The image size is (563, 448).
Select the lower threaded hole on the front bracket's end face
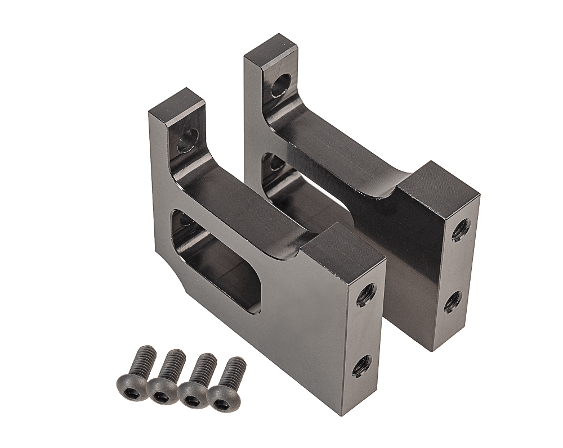(x=361, y=366)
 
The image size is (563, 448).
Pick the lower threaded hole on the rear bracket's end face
(x=453, y=302)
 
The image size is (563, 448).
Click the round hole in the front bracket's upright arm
(x=187, y=141)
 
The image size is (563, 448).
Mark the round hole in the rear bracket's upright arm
(x=281, y=85)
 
